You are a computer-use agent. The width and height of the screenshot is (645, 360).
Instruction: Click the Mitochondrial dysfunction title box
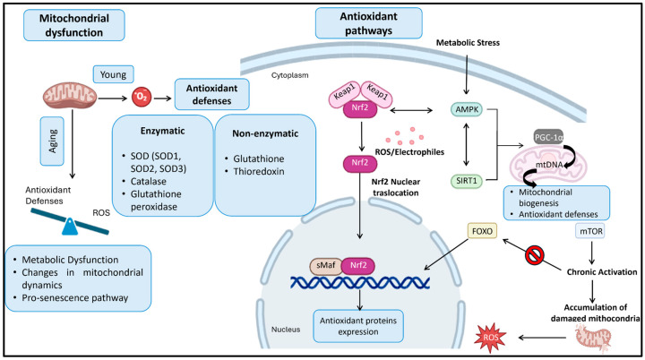pos(74,25)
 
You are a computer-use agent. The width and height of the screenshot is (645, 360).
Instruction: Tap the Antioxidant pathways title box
pos(368,23)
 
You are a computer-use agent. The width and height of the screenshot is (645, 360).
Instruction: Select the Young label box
pos(113,74)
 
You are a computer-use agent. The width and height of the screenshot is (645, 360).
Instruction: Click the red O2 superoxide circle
pos(142,98)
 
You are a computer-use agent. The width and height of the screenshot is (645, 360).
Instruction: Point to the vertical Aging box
pos(52,141)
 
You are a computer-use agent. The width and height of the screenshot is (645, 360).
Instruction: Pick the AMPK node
pos(467,110)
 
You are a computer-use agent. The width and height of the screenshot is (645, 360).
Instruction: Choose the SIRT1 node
pos(466,181)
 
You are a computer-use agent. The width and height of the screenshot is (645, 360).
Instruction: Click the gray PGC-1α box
pos(548,137)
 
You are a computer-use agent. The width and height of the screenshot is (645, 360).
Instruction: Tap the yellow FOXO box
pos(482,231)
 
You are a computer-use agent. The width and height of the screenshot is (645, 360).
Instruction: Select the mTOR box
pos(591,231)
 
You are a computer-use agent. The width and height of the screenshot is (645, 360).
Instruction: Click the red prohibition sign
pos(535,255)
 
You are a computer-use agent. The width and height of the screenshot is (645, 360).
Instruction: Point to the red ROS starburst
pos(490,338)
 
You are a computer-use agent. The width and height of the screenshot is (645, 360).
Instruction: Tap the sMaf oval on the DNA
pos(325,266)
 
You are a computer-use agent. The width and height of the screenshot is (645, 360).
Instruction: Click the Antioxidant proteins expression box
pos(357,326)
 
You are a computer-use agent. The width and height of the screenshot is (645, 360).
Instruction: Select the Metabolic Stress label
pos(468,43)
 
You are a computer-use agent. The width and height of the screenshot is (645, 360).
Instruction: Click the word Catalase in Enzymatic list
pos(149,182)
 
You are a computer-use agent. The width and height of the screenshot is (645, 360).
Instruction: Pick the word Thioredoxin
pos(259,172)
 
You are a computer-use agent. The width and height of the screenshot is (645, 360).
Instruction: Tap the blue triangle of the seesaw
pos(70,227)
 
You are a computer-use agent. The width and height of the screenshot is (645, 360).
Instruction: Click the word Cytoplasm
pos(289,75)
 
